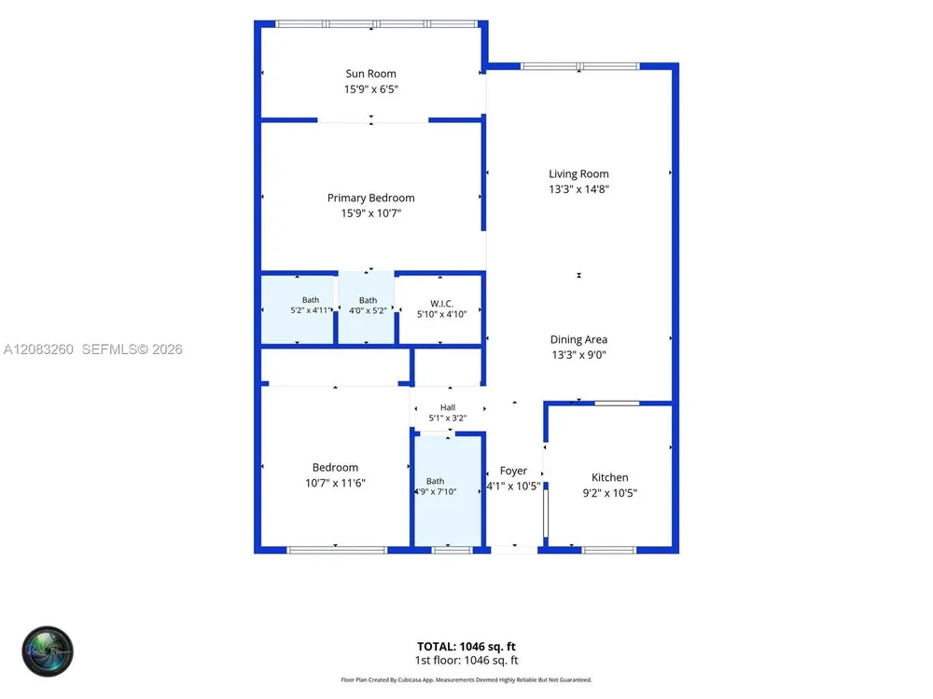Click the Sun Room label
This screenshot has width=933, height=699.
pos(370,74)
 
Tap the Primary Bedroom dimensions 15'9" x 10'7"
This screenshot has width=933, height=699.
pos(370,213)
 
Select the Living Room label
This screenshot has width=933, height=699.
pos(578,174)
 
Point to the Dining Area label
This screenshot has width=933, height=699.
pos(578,339)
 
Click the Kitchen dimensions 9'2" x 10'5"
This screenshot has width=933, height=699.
pos(610,493)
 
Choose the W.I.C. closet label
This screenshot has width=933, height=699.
pos(441,304)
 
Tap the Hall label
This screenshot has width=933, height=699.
pos(448,408)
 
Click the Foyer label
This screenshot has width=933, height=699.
pos(513,471)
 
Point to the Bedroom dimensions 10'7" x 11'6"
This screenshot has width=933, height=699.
pos(335,483)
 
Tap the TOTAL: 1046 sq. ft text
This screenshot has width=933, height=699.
pos(466,647)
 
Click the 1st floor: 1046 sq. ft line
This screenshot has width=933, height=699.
pos(466,661)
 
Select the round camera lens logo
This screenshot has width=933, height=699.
pos(48,651)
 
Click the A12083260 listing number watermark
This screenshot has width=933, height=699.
pos(38,349)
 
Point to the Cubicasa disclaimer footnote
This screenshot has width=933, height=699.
pos(466,680)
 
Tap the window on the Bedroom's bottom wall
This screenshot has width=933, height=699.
pos(337,551)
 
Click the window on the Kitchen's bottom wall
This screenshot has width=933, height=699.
pos(608,551)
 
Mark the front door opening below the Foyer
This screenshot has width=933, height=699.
pos(514,551)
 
